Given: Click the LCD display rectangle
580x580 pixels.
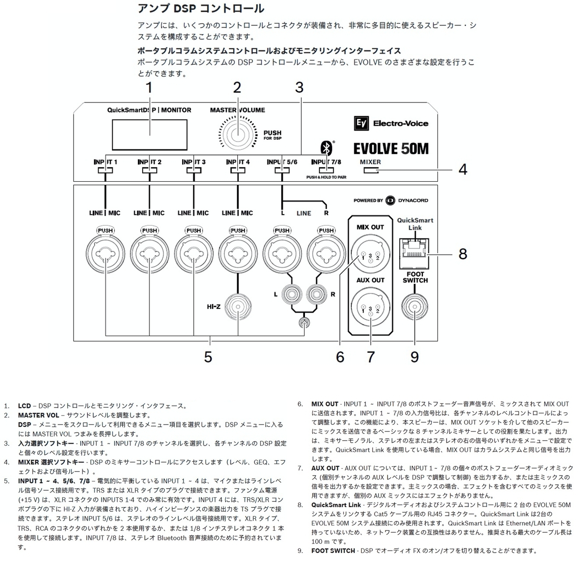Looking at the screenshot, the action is tap(149, 135).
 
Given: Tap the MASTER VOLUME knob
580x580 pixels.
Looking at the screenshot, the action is tap(238, 134).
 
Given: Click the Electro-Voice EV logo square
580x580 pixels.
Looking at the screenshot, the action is tap(361, 123).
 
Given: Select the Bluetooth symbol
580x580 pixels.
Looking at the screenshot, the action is tap(327, 148).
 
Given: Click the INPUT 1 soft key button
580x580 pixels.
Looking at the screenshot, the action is tap(105, 170).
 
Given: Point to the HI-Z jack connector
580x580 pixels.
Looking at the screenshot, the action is tap(238, 307).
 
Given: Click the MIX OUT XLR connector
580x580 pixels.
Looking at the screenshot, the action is tap(371, 254).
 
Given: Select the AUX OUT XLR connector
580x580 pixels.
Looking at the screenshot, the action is tap(371, 307).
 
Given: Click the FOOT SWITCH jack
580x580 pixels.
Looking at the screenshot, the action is tap(415, 307).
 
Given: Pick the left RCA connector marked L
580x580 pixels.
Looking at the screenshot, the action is tap(292, 294).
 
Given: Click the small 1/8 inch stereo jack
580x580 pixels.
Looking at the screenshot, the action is tap(304, 323).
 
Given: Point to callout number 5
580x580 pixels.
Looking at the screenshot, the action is tap(208, 357).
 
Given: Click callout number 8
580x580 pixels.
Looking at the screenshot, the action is tap(463, 254).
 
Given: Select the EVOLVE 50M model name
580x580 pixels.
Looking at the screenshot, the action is tap(391, 149).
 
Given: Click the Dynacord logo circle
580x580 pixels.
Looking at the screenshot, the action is tap(391, 200).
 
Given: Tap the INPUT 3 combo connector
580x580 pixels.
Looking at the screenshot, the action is tap(193, 254).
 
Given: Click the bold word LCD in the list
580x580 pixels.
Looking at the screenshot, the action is tap(24, 406).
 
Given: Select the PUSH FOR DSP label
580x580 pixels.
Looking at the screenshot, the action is tap(273, 135).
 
